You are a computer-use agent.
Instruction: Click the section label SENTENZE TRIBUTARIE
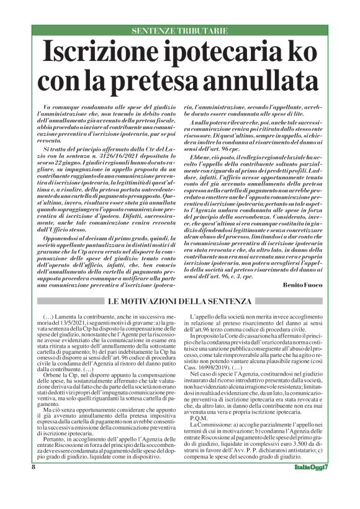180,30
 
